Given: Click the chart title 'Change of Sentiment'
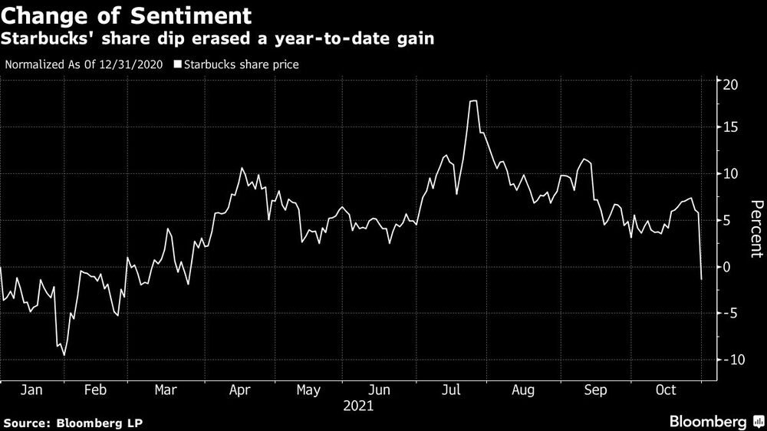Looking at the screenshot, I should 127,15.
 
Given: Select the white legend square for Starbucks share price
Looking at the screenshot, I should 178,65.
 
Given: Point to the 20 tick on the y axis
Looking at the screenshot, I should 732,84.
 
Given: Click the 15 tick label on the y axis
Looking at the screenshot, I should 732,128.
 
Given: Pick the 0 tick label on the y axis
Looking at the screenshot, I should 729,267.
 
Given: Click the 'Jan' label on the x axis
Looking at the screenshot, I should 31,390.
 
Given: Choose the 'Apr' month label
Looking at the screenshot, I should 240,390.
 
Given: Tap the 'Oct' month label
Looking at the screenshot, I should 666,390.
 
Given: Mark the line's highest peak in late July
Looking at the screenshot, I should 473,101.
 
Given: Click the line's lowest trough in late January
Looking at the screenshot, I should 64,355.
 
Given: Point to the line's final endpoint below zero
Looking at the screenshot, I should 702,279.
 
